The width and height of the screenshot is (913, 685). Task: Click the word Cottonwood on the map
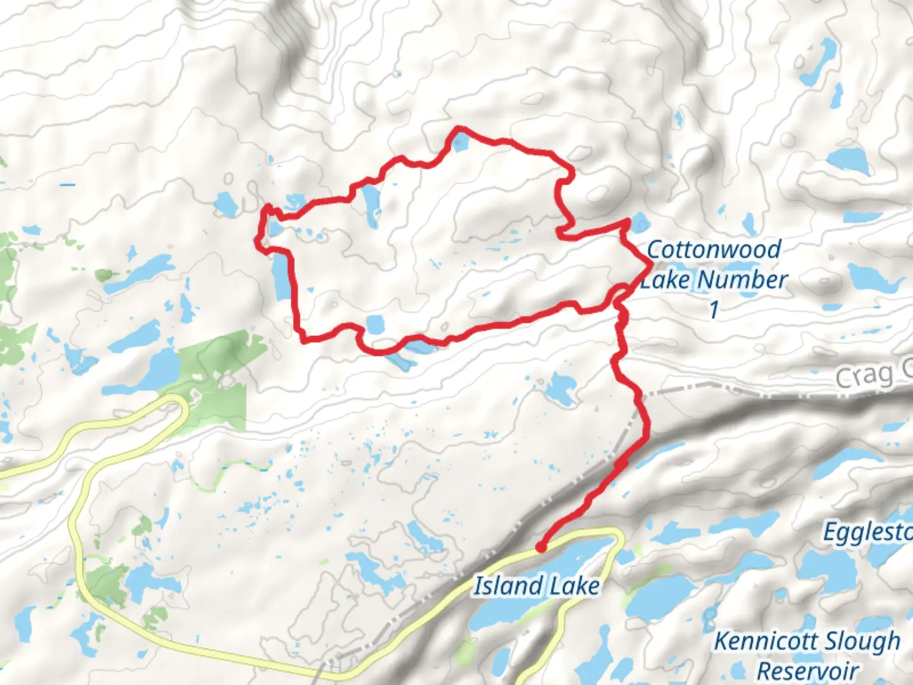[714, 249]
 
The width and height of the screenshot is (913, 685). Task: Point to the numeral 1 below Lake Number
[714, 310]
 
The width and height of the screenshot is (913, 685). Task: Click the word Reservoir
[808, 670]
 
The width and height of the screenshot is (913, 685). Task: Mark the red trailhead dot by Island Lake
[540, 547]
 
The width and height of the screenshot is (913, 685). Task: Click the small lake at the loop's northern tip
[460, 142]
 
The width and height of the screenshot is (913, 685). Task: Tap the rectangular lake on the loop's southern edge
[375, 325]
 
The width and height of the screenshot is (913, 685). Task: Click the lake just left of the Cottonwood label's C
[640, 223]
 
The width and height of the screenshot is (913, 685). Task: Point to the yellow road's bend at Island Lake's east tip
[618, 536]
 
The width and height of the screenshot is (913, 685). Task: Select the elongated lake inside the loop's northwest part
[370, 204]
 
